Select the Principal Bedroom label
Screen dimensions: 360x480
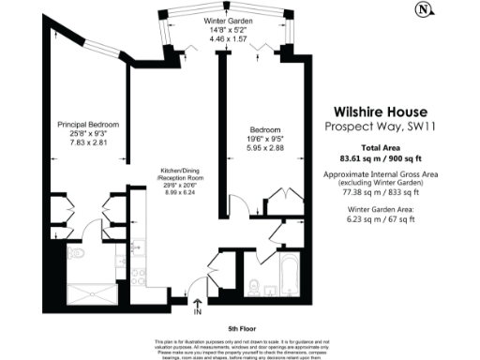pyautogui.click(x=88, y=123)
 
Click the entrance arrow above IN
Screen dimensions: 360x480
pyautogui.click(x=197, y=291)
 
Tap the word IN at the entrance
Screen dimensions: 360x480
pyautogui.click(x=197, y=302)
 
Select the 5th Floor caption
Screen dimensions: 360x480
pyautogui.click(x=242, y=328)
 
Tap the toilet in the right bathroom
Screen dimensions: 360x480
pyautogui.click(x=257, y=285)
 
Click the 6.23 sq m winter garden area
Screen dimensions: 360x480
pyautogui.click(x=358, y=220)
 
